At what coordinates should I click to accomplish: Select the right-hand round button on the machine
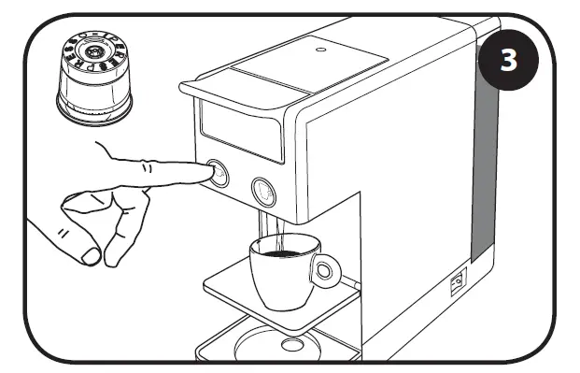[x=262, y=192]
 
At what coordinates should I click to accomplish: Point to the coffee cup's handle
[x=325, y=271]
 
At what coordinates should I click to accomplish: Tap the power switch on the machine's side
[x=459, y=282]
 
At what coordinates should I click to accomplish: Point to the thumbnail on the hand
[x=91, y=254]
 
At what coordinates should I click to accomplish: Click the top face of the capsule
[x=93, y=50]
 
